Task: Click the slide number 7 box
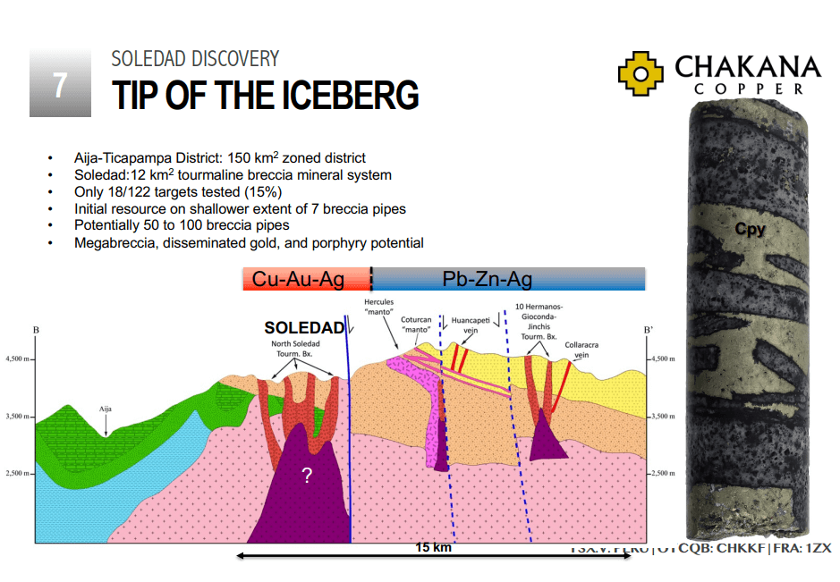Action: point(60,83)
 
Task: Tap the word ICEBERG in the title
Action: point(344,96)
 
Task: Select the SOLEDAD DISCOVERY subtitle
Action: point(195,59)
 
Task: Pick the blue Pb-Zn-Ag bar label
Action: point(488,280)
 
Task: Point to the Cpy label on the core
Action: point(750,230)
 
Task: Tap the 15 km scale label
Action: point(433,548)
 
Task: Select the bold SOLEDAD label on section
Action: point(304,328)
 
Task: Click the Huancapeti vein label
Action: point(470,325)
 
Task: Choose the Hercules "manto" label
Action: point(379,308)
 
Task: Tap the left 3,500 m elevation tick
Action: point(21,417)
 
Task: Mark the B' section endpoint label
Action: point(648,330)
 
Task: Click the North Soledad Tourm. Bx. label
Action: point(295,348)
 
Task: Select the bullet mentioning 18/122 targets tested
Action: point(178,191)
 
